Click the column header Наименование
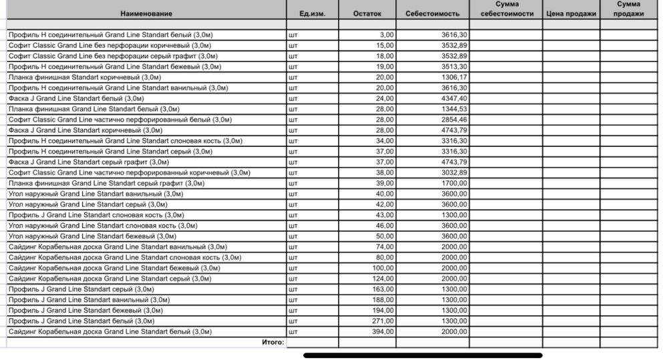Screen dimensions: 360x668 [x=146, y=13]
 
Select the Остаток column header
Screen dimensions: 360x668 [x=367, y=13]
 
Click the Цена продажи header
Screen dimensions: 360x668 [x=570, y=13]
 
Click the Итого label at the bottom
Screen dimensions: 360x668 [x=273, y=342]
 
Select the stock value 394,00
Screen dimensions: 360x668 [x=384, y=331]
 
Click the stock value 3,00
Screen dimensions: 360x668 [x=387, y=35]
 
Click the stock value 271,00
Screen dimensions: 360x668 [x=384, y=321]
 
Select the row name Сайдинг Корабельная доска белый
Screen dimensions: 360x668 [x=110, y=331]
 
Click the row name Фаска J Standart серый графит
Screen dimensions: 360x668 [x=89, y=162]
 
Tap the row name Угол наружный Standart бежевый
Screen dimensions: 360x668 [x=92, y=236]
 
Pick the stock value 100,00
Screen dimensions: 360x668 [x=384, y=268]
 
